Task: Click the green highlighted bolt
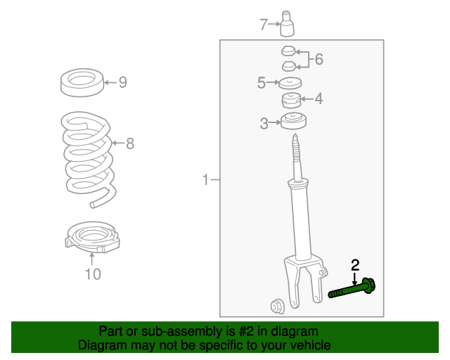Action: coord(352,289)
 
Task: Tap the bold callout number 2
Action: coord(355,265)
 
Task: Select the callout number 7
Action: coord(264,25)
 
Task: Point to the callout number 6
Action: coord(319,59)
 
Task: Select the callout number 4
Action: coord(319,99)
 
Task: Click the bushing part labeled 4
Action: coord(291,100)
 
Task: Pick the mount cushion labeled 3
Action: coord(293,122)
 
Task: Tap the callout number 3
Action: coord(264,124)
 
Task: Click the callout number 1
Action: coord(206,181)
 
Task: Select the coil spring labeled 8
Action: coord(88,158)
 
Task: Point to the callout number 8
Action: coord(129,144)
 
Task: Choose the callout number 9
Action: coord(122,83)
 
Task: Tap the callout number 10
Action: coord(93,274)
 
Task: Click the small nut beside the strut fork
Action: coord(276,306)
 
